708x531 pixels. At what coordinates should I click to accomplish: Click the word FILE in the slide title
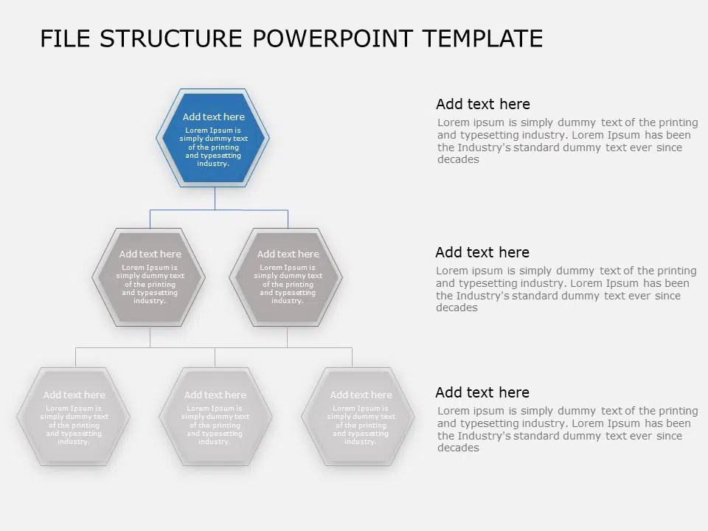(x=66, y=38)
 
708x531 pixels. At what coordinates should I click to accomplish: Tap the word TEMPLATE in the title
(x=483, y=38)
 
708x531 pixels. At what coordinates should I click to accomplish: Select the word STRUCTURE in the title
(x=170, y=38)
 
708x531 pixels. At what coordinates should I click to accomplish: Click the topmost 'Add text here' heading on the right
(x=482, y=104)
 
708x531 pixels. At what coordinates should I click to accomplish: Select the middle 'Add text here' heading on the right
(x=482, y=252)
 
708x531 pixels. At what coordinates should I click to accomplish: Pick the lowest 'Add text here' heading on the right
(x=482, y=392)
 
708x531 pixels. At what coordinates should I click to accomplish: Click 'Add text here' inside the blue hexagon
(x=213, y=117)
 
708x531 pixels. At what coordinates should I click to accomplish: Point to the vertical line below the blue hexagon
(x=215, y=198)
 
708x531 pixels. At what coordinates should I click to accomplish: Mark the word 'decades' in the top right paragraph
(x=458, y=160)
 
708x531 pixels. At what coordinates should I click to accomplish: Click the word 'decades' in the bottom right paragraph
(x=458, y=448)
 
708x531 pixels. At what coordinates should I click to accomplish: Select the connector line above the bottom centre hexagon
(x=215, y=357)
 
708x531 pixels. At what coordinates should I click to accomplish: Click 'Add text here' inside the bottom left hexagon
(x=74, y=395)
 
